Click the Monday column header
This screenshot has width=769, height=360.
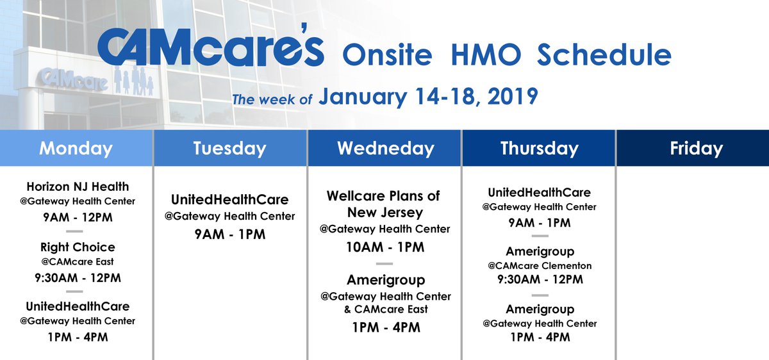pos(76,149)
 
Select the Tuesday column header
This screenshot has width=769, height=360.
pos(229,149)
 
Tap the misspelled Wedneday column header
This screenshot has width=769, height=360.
pos(385,149)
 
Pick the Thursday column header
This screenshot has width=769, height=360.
pos(539,149)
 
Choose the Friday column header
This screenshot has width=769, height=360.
pos(696,149)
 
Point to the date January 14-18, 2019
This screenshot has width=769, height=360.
pos(428,97)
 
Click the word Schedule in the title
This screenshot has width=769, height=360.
pos(604,55)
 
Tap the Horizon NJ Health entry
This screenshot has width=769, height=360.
pos(78,187)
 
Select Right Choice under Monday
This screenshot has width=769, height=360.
pos(78,247)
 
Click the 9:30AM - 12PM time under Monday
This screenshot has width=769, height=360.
pos(78,278)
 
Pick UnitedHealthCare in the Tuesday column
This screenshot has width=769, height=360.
pos(229,199)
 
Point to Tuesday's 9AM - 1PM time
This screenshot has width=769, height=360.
pos(229,234)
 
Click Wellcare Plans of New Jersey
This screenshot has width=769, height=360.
pos(384,204)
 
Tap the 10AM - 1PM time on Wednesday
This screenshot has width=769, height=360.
pos(384,247)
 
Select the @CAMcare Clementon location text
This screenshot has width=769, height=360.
pos(539,266)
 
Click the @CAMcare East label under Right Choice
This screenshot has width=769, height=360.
pos(78,262)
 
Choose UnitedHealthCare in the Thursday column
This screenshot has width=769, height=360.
pos(539,192)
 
